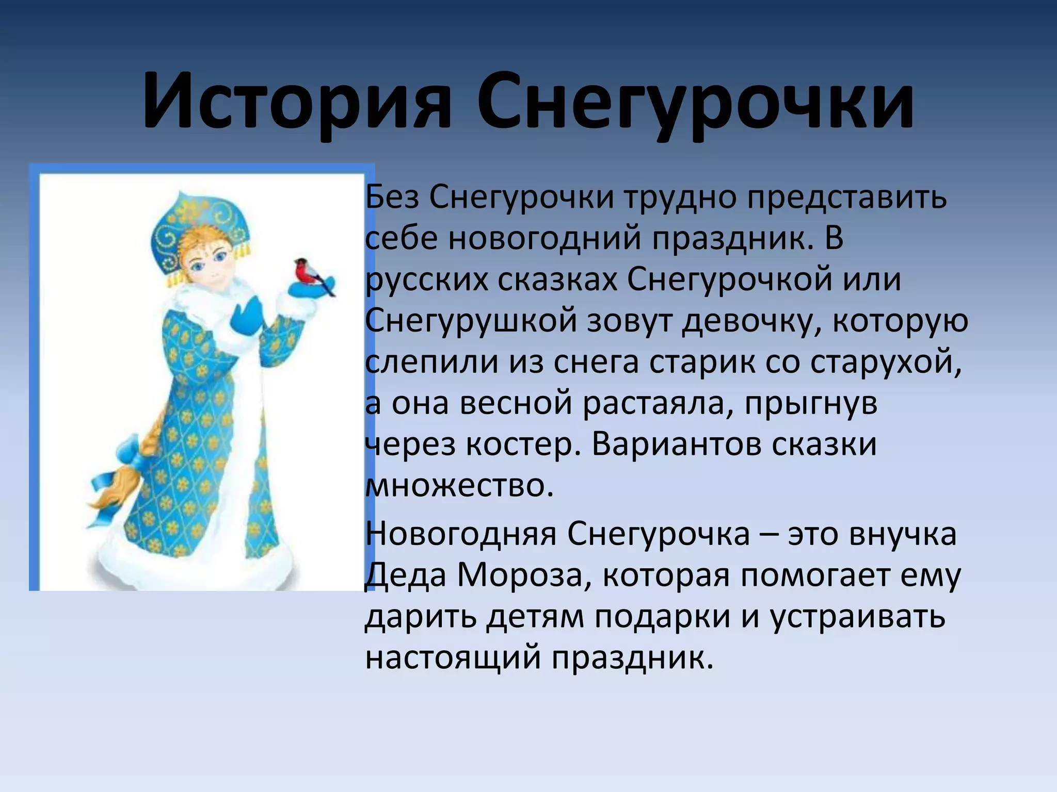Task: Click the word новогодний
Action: pos(544,238)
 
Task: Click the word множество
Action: pos(459,486)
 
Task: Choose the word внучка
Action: pos(903,534)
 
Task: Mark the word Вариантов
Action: pos(676,444)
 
